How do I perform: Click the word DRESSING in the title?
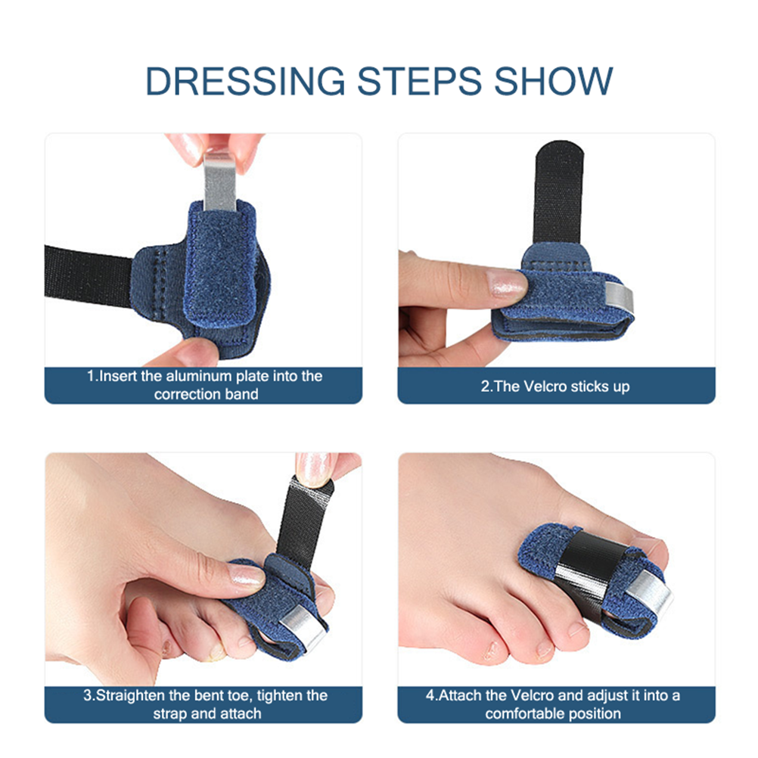[246, 81]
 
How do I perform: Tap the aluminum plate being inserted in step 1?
[220, 182]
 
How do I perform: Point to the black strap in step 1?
[88, 275]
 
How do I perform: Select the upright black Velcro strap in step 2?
[559, 194]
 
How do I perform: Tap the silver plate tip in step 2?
[618, 296]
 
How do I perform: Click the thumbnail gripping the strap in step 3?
[313, 469]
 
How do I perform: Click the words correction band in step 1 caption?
[206, 394]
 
